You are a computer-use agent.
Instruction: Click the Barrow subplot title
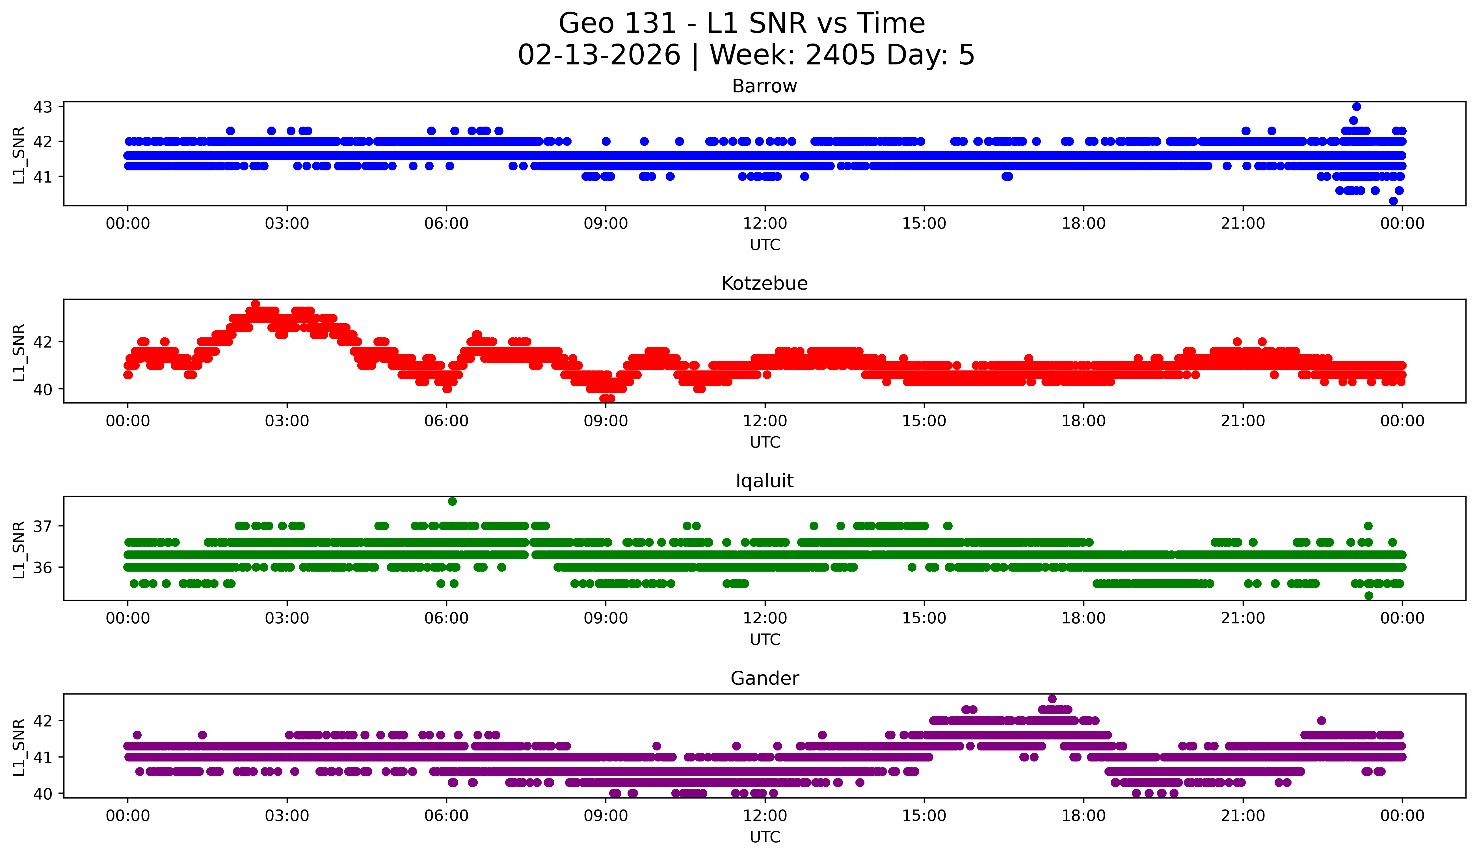coord(764,86)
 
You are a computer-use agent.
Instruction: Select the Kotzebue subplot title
coord(764,283)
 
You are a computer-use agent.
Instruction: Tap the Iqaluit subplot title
coord(764,481)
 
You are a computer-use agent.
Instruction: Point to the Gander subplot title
coord(764,678)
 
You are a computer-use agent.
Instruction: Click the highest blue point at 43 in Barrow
coord(1356,107)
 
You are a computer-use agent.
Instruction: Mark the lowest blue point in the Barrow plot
coord(1393,201)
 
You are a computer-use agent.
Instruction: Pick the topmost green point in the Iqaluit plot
coord(452,502)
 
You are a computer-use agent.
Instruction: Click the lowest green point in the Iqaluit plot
coord(1368,596)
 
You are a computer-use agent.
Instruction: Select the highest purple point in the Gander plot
coord(1052,699)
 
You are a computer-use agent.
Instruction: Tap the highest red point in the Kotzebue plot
coord(256,304)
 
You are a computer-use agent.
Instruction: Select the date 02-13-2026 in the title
coord(599,55)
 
